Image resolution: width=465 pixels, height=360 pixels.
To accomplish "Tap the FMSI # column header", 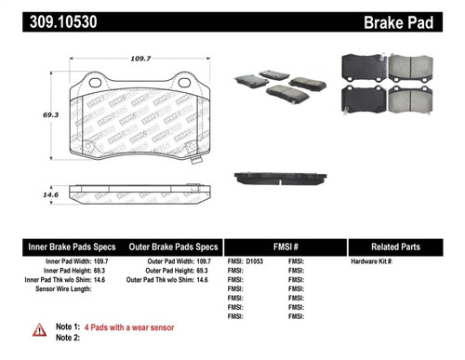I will (x=286, y=247).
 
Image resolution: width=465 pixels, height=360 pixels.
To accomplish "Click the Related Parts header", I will (x=401, y=247).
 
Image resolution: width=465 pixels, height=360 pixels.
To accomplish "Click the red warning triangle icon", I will (x=39, y=328).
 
